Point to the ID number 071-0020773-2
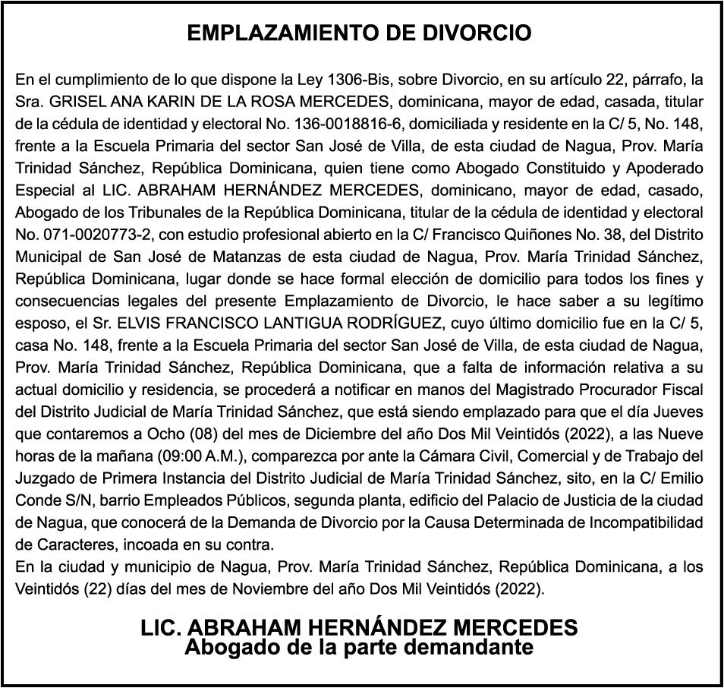click(x=84, y=234)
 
